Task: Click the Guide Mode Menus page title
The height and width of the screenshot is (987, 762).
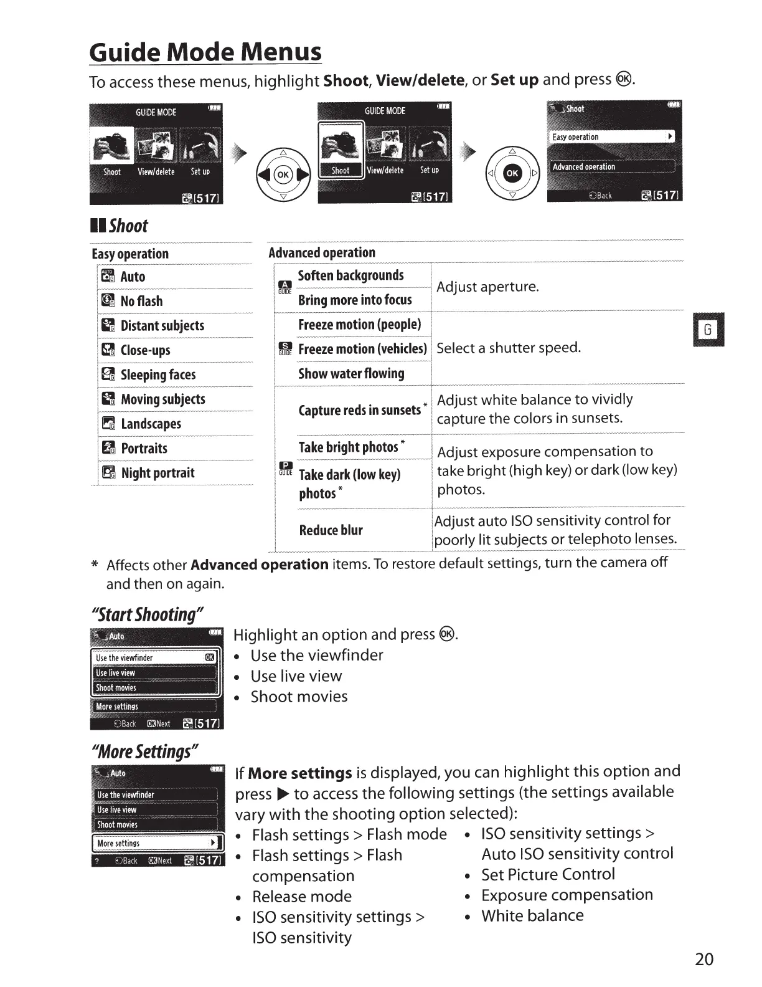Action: point(205,52)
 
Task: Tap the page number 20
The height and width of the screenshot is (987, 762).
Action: point(703,959)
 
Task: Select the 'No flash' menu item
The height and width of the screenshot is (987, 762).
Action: point(141,302)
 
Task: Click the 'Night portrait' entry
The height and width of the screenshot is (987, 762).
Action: point(158,474)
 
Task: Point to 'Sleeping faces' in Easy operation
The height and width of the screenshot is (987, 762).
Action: point(158,375)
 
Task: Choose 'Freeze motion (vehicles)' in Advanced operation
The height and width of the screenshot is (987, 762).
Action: point(362,349)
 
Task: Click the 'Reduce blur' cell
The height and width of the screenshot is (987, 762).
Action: point(331,530)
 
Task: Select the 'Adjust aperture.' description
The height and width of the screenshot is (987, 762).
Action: point(487,287)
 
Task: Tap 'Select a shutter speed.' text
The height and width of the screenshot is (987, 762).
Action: point(509,348)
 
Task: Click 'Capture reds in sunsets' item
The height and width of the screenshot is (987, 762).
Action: point(360,410)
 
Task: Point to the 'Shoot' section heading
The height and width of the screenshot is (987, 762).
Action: point(128,226)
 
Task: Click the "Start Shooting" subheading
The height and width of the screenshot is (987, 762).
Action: point(147,615)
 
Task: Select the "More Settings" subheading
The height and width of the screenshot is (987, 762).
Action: point(144,751)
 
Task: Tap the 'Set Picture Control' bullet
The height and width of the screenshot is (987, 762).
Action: point(548,875)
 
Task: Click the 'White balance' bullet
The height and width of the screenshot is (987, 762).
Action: point(532,916)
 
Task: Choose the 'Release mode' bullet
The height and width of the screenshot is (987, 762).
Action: point(302,897)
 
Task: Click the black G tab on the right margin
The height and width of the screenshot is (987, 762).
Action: point(708,330)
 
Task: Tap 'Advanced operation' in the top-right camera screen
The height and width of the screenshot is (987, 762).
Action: point(584,167)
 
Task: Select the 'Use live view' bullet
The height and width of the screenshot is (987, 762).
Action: point(296,676)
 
